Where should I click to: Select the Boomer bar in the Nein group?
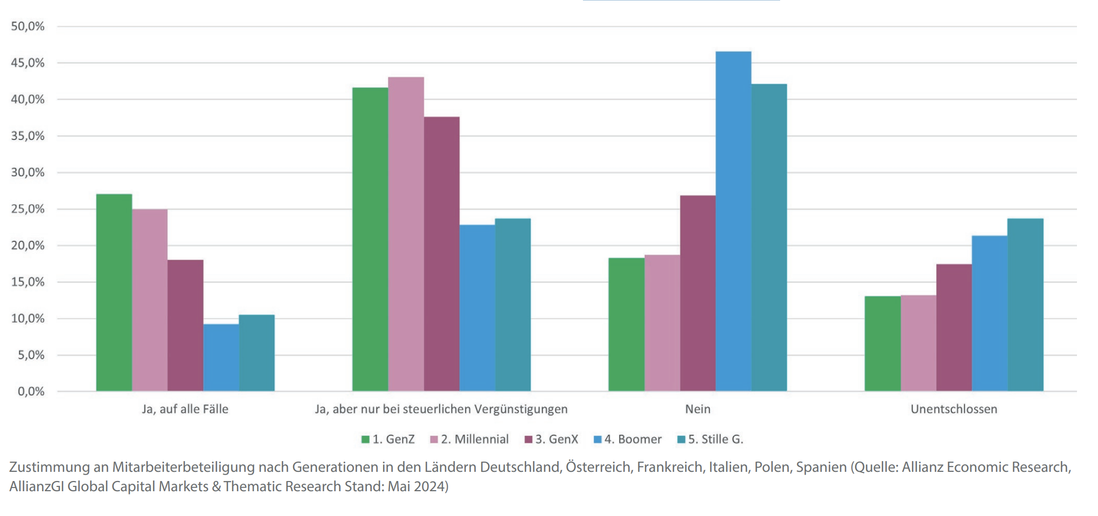coord(733,221)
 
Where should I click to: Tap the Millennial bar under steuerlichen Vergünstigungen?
coord(406,234)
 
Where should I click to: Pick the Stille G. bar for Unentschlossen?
coord(1025,304)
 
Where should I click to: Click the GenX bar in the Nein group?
coord(697,293)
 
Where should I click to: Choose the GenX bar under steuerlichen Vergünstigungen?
coord(441,254)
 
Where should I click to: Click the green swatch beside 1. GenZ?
coord(365,440)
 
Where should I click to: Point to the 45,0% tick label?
coord(27,63)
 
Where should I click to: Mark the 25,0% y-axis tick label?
coord(27,209)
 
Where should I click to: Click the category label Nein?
coord(697,409)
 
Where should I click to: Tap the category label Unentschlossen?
coord(953,409)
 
